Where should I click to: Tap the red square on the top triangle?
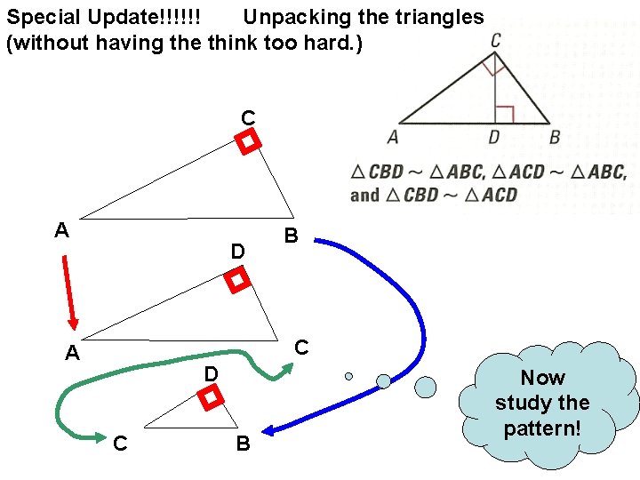[x=249, y=141]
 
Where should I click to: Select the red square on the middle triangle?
[x=236, y=281]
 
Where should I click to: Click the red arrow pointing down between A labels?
[x=69, y=292]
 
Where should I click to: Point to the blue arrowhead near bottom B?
[x=270, y=431]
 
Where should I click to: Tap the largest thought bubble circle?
[x=426, y=387]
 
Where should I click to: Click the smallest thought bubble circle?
[x=348, y=376]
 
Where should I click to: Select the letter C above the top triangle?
[x=248, y=117]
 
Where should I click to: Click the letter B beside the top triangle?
[x=291, y=236]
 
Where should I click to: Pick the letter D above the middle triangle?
[x=237, y=252]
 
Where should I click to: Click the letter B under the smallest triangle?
[x=243, y=443]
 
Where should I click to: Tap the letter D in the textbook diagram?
[x=494, y=137]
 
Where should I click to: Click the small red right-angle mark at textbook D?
[x=504, y=114]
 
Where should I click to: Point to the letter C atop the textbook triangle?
[x=495, y=40]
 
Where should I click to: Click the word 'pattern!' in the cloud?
[x=542, y=428]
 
